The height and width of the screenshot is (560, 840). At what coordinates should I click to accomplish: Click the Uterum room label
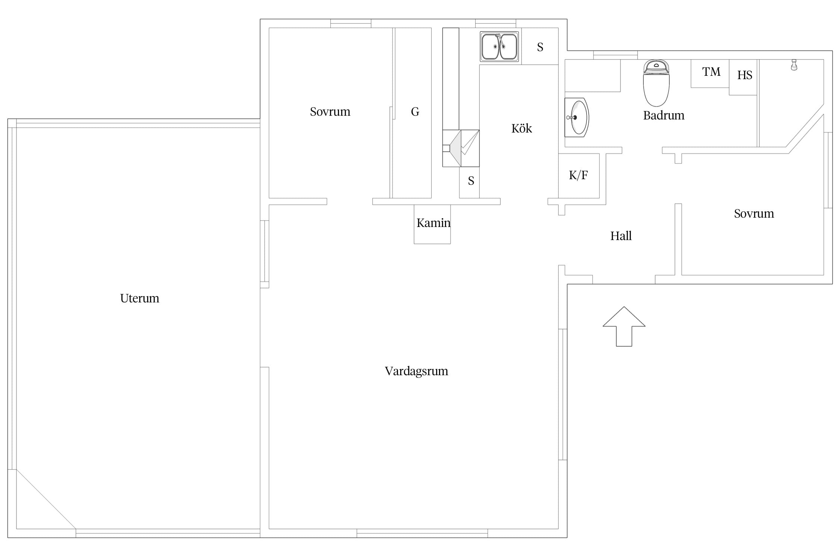[140, 298]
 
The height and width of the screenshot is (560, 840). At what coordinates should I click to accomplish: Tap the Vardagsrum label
[416, 371]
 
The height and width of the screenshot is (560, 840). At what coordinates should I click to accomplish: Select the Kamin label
[433, 223]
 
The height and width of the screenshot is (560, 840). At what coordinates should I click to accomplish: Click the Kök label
[522, 128]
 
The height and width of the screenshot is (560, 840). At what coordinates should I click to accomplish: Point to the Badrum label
[664, 115]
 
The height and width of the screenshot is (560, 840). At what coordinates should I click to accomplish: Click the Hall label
[621, 236]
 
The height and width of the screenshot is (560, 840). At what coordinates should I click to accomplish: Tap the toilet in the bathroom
[656, 83]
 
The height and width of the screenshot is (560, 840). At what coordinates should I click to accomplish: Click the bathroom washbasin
[577, 117]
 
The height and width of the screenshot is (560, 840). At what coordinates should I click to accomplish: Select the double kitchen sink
[499, 47]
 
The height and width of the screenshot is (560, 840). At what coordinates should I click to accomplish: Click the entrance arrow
[624, 326]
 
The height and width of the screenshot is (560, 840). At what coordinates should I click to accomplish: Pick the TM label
[711, 72]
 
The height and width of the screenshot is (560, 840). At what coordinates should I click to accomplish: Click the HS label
[744, 75]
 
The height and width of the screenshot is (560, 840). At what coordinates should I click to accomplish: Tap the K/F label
[578, 175]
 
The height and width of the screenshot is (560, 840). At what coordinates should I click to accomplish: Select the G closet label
[415, 112]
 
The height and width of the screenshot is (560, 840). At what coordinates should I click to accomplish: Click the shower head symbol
[794, 65]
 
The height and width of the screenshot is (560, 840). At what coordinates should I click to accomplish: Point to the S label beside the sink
[540, 47]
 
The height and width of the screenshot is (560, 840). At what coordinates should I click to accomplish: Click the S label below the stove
[471, 181]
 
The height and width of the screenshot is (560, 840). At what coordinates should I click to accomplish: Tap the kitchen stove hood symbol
[461, 148]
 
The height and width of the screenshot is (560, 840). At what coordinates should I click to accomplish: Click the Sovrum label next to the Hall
[754, 214]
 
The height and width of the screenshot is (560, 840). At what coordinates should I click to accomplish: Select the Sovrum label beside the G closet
[330, 112]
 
